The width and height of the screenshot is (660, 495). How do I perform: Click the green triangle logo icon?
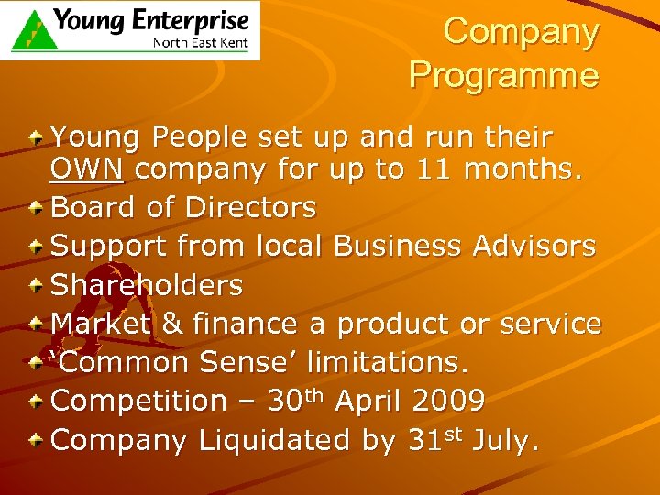(31, 29)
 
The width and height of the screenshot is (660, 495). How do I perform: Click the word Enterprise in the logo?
(191, 20)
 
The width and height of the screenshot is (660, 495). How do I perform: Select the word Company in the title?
(521, 32)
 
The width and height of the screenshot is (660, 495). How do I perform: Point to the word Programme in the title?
(504, 74)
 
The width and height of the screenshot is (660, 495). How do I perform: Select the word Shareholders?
(147, 285)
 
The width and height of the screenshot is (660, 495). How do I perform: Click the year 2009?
(448, 401)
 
